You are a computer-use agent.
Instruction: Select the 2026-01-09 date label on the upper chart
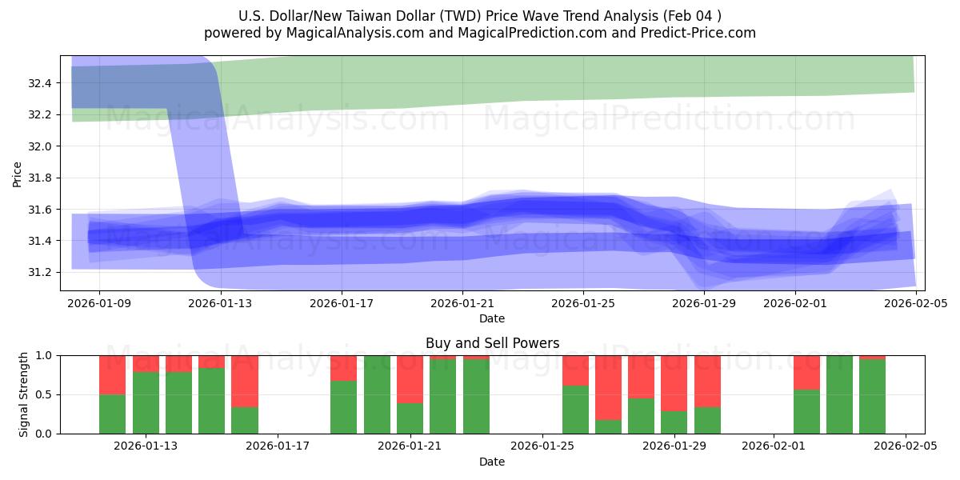99,304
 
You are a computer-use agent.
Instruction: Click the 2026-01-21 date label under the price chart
462,304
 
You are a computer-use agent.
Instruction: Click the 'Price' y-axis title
18,173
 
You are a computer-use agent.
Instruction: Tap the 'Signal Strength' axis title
24,394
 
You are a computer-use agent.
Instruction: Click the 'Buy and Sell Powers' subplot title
492,343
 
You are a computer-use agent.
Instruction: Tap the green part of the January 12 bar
112,414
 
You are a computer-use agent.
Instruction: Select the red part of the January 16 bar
244,381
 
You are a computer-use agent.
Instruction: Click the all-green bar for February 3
839,394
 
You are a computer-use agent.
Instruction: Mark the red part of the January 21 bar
410,379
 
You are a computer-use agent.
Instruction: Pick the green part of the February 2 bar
806,411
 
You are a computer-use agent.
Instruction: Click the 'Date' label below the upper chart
492,318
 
